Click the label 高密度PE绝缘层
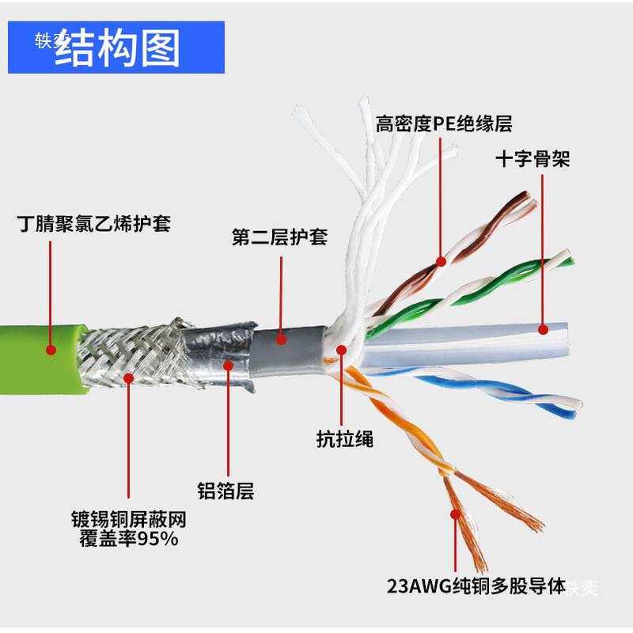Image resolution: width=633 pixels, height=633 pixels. [x=444, y=124]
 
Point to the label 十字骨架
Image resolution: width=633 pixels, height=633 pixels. [x=533, y=159]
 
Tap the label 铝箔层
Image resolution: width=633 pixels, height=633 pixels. [x=226, y=491]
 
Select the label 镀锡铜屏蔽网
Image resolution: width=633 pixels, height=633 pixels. [x=127, y=521]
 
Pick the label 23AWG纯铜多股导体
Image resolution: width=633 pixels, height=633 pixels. [x=476, y=587]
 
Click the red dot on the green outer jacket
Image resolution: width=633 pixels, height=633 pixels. [x=51, y=348]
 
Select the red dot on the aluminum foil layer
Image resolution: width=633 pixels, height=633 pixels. [x=228, y=365]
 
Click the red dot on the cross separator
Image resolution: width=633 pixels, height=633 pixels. [x=543, y=328]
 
